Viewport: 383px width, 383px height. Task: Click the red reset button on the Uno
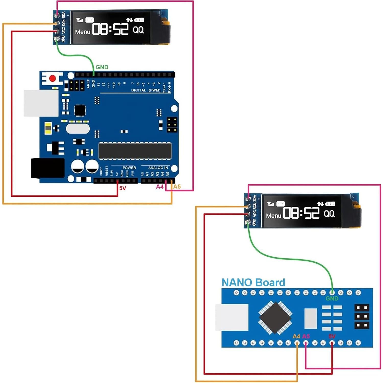click(x=53, y=78)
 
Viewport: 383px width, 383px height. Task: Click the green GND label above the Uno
click(x=102, y=67)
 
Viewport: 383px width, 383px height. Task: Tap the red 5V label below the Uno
click(x=123, y=188)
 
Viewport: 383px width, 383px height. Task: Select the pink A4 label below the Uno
click(x=160, y=187)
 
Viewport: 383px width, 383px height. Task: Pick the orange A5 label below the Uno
click(x=177, y=187)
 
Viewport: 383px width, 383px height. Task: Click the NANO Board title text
click(x=253, y=283)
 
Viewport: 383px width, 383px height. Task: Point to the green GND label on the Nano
click(x=332, y=298)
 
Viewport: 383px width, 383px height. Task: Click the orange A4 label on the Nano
click(x=296, y=336)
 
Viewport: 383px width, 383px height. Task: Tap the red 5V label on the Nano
click(x=332, y=336)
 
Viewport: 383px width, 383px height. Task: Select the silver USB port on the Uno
click(x=41, y=103)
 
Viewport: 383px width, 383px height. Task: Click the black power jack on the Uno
click(x=48, y=168)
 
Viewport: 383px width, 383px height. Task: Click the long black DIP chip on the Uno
click(x=135, y=151)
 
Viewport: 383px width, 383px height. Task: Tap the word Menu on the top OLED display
click(x=83, y=32)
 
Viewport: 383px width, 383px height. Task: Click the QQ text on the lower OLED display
click(x=329, y=214)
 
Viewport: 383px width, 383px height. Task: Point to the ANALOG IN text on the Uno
click(x=158, y=168)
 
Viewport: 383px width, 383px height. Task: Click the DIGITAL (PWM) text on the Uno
click(x=146, y=90)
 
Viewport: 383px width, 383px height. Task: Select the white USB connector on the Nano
click(x=232, y=317)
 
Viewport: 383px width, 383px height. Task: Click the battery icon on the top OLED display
click(x=139, y=20)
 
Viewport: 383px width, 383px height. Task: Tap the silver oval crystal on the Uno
click(x=78, y=129)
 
